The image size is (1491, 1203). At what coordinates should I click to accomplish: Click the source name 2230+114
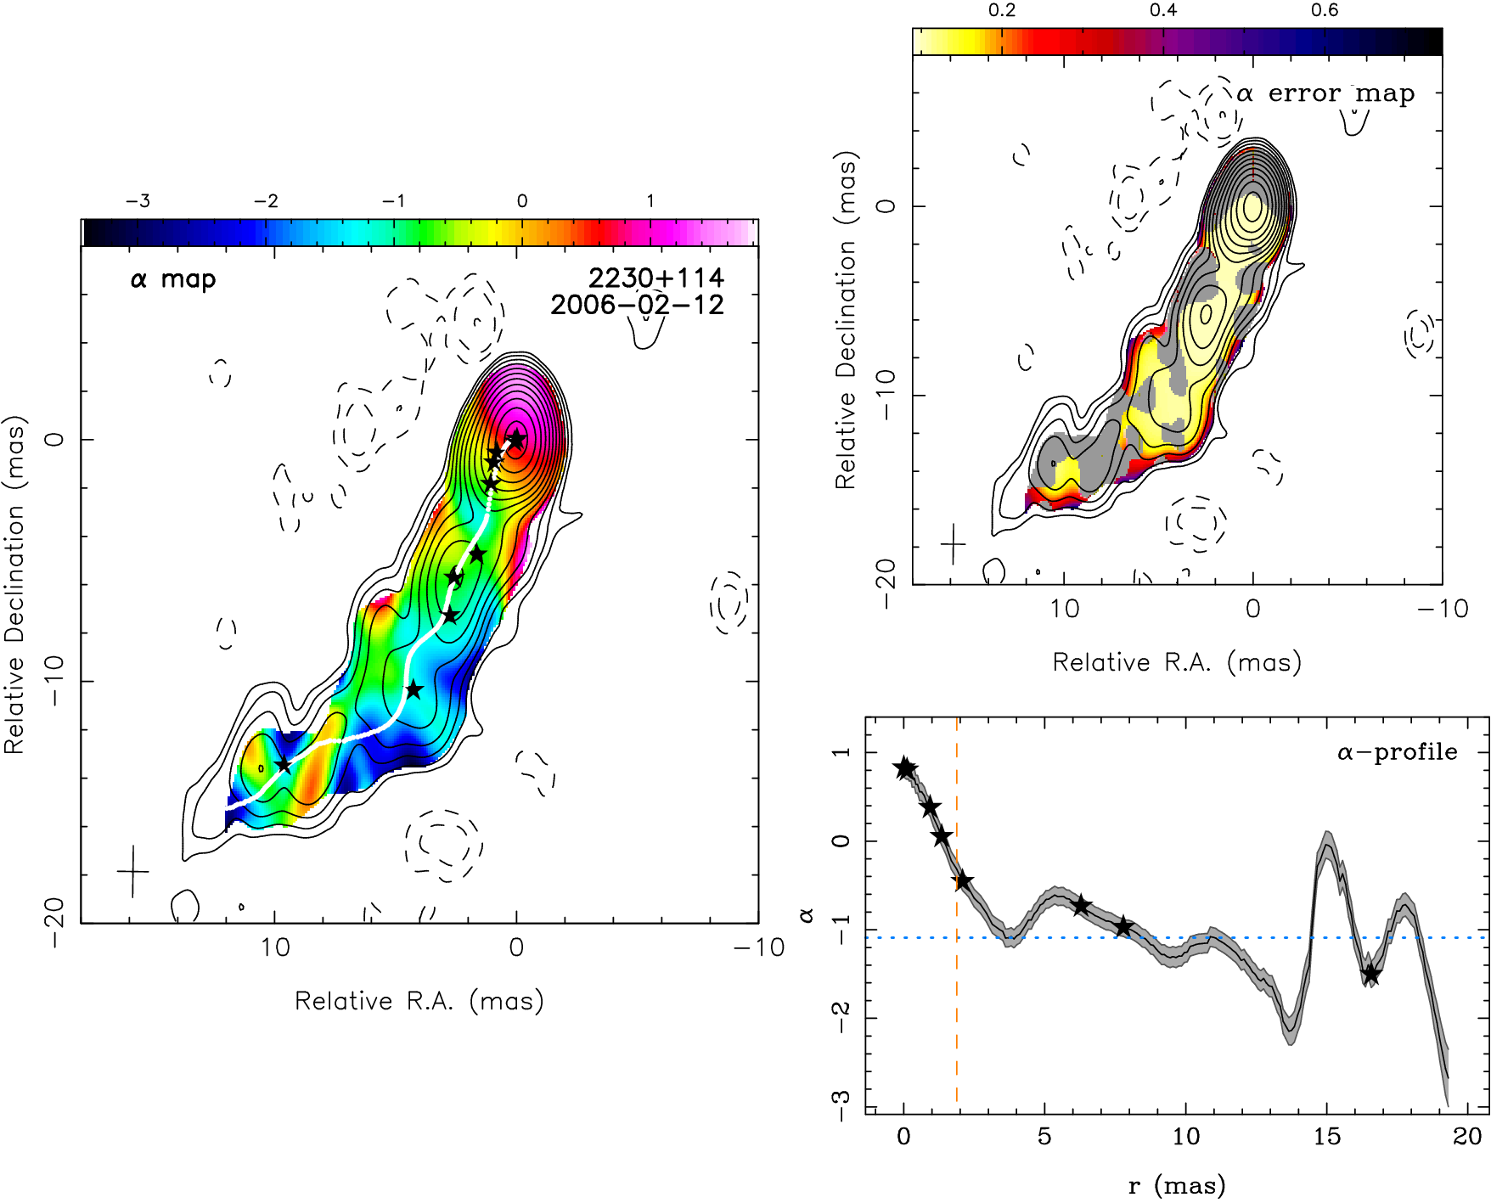(655, 277)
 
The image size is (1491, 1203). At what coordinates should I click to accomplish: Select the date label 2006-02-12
(637, 304)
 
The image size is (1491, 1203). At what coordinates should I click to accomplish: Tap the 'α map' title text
(173, 278)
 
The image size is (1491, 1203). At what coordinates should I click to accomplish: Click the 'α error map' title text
(1325, 93)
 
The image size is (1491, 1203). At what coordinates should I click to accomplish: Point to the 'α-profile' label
(1398, 752)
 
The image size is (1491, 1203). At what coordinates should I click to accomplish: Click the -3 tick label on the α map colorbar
(138, 201)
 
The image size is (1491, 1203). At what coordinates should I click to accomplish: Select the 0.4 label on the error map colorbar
(1162, 10)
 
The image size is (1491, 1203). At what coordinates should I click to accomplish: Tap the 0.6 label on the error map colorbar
(1324, 10)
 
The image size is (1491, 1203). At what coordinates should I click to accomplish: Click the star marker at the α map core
(516, 439)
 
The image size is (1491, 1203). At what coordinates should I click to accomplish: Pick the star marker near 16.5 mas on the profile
(1370, 975)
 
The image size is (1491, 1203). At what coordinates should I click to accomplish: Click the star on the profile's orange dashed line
(962, 880)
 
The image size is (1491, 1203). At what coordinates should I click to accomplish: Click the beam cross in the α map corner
(132, 871)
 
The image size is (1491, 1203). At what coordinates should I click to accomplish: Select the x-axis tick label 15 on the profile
(1326, 1136)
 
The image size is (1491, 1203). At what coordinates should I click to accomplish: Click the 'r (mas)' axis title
(1176, 1185)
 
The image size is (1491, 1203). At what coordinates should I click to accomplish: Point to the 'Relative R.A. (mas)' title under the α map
(419, 1001)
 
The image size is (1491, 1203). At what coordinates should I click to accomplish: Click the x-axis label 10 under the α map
(275, 947)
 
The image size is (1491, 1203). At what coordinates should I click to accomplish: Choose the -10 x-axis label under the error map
(1442, 609)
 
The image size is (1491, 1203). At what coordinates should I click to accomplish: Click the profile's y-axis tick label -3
(840, 1106)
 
